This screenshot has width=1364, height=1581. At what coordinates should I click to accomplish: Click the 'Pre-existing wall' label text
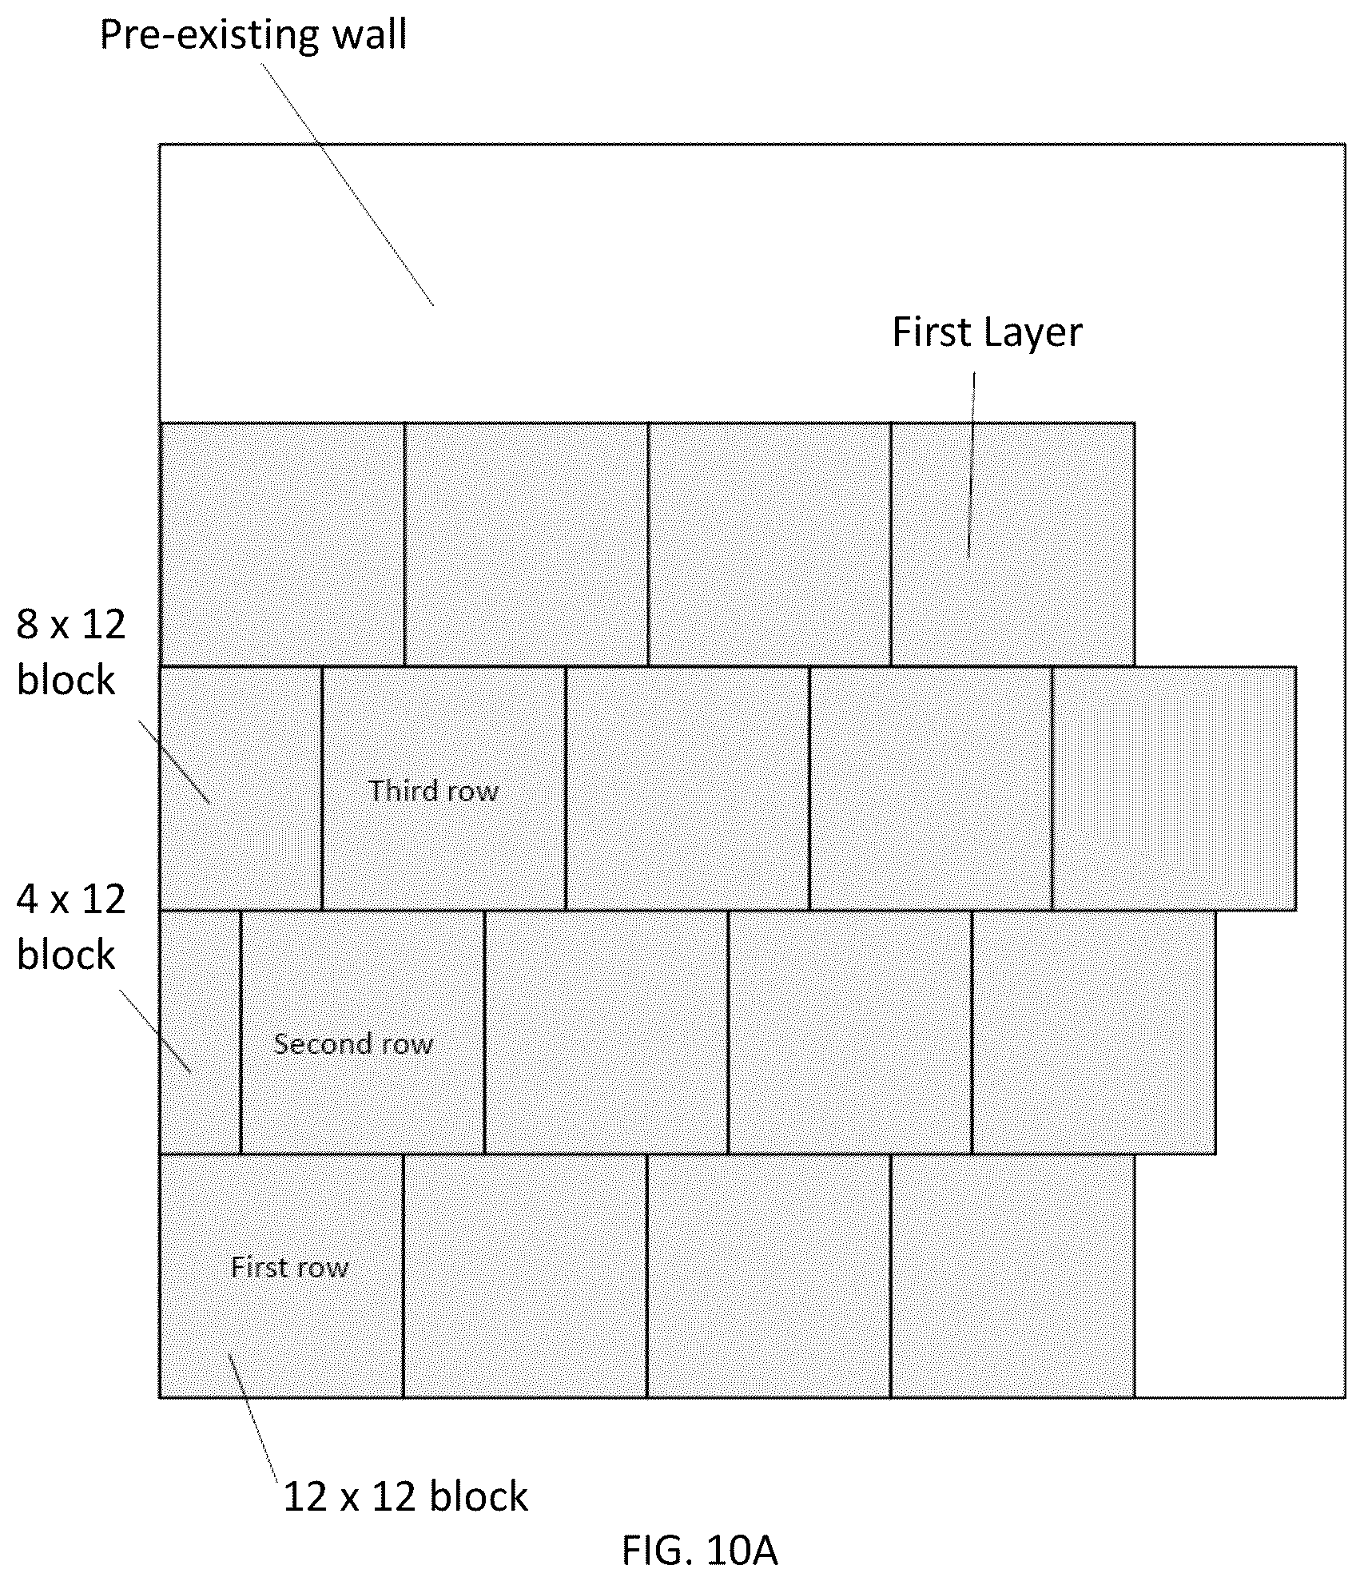253,35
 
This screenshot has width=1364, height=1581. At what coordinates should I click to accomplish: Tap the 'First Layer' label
987,332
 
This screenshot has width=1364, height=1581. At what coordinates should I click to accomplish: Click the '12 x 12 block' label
405,1496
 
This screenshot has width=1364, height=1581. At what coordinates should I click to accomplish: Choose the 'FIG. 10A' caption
699,1551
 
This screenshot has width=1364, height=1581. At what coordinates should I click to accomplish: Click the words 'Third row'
434,791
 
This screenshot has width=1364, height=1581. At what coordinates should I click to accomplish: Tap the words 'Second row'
353,1043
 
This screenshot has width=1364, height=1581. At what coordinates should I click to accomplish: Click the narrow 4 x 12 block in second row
201,1032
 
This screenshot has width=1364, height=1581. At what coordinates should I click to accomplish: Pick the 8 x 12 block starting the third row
241,789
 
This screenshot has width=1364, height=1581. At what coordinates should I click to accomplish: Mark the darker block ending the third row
1174,789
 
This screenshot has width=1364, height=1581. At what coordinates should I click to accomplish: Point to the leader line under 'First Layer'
972,466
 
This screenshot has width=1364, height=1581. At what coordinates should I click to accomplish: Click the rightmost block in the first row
1012,1276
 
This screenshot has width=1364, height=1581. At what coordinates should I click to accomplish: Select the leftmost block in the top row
282,544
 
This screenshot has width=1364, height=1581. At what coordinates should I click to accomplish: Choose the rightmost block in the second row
1094,1032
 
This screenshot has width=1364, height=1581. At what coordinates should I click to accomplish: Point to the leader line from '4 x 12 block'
155,1031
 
